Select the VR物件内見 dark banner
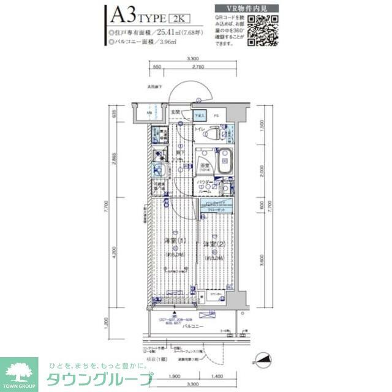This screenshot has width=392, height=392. tap(247, 7)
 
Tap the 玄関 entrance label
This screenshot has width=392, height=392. tap(175, 111)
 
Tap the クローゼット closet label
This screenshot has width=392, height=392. tap(216, 209)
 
